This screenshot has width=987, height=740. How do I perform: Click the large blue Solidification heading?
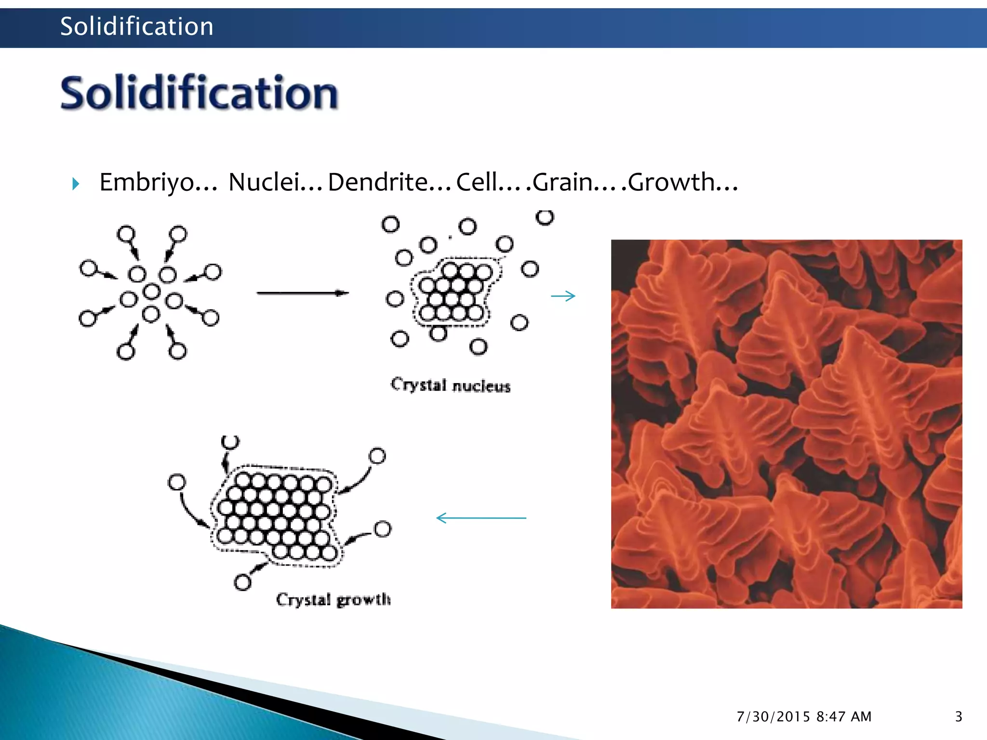pyautogui.click(x=199, y=93)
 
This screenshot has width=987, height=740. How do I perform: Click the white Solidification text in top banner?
pyautogui.click(x=136, y=26)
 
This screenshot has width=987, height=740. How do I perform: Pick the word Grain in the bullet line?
pyautogui.click(x=562, y=183)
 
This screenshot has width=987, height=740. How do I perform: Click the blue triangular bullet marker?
pyautogui.click(x=76, y=184)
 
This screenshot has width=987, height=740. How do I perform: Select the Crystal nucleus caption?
pyautogui.click(x=450, y=385)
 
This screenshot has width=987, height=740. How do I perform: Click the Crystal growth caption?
pyautogui.click(x=333, y=600)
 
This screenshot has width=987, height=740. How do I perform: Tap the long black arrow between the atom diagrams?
pyautogui.click(x=302, y=293)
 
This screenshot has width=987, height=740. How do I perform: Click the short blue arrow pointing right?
pyautogui.click(x=563, y=296)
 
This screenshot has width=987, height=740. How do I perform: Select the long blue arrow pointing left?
pyautogui.click(x=481, y=518)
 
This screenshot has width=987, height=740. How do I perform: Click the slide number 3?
pyautogui.click(x=959, y=716)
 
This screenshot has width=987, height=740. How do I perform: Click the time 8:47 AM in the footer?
pyautogui.click(x=844, y=717)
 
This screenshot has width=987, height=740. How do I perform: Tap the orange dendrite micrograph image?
pyautogui.click(x=787, y=424)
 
